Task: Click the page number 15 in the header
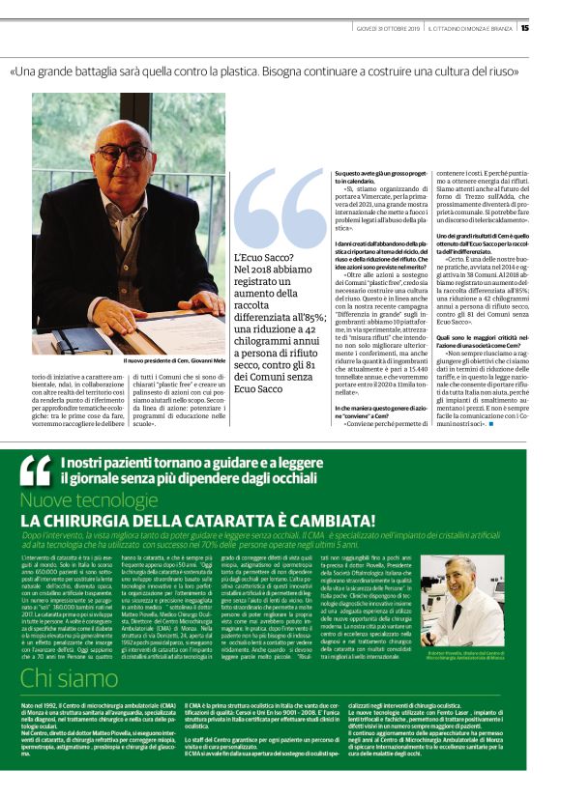(524, 27)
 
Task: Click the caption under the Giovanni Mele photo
(175, 361)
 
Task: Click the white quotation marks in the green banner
(36, 470)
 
